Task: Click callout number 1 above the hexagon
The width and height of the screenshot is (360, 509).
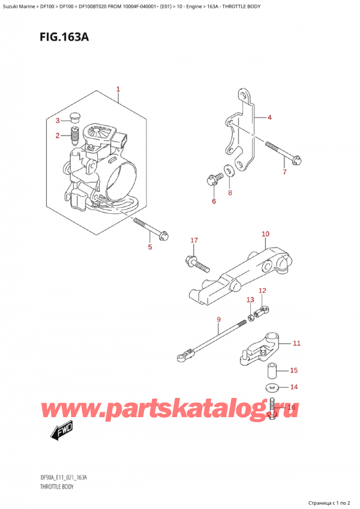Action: (x=118, y=89)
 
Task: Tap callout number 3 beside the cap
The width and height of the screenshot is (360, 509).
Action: (x=58, y=121)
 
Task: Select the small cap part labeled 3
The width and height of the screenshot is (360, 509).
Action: (x=76, y=117)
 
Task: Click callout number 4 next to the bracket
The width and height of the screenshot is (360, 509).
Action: (x=269, y=118)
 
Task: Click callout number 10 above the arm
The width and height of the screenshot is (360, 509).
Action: (x=265, y=233)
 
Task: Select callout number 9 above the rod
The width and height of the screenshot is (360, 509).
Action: (x=218, y=319)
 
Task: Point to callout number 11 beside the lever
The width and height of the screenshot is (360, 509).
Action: (x=296, y=344)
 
